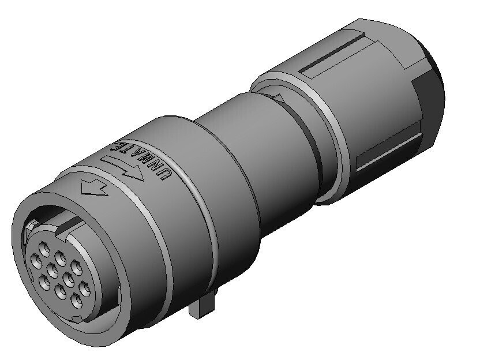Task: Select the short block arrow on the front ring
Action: pyautogui.click(x=93, y=187)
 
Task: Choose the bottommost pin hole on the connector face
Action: pyautogui.click(x=77, y=301)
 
